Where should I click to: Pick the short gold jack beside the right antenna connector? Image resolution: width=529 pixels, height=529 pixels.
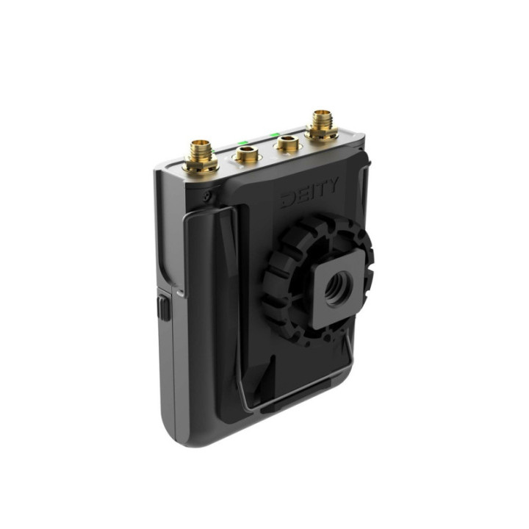click(x=285, y=145)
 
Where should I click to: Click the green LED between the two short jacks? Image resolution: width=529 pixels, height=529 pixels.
click(x=240, y=143)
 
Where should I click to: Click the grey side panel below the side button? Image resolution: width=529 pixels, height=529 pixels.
click(x=168, y=367)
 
